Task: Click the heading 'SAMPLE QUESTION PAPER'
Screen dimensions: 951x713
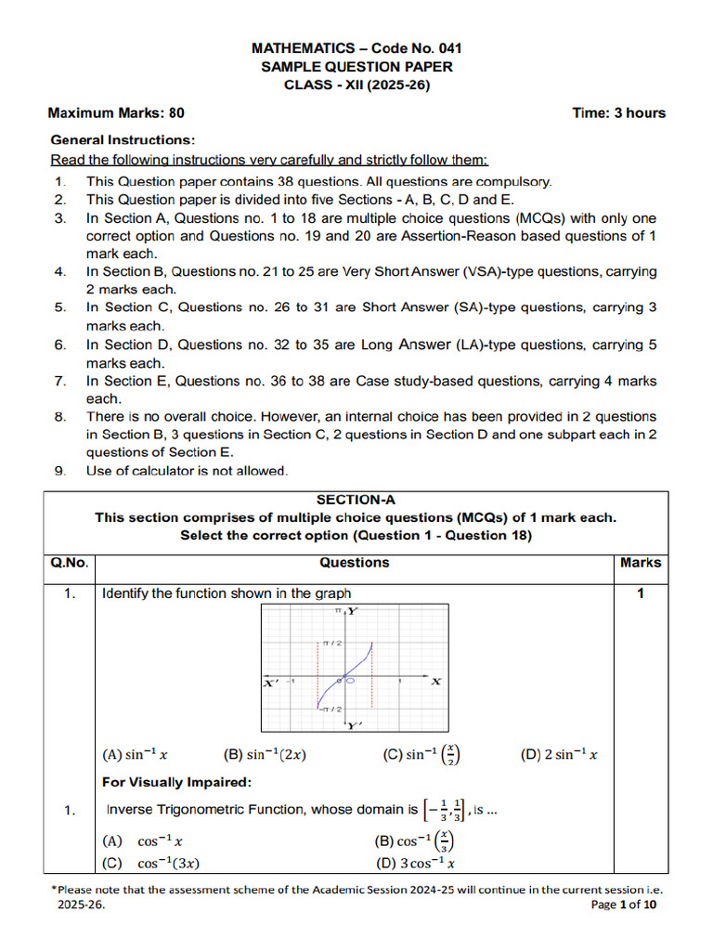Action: (356, 67)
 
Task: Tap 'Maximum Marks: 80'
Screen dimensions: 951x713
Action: (116, 113)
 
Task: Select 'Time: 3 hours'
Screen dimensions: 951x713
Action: (619, 113)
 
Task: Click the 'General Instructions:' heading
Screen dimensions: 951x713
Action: (123, 140)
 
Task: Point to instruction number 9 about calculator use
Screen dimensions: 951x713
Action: (187, 471)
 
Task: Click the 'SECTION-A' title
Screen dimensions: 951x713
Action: (355, 500)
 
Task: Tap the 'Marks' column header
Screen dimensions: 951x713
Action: (641, 563)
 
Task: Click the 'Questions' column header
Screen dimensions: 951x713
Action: (355, 563)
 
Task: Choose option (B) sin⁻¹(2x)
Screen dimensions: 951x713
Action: (265, 755)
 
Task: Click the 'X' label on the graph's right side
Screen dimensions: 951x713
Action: (436, 682)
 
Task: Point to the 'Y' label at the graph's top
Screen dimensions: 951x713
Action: (354, 611)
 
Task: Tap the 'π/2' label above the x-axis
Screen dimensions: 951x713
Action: (332, 643)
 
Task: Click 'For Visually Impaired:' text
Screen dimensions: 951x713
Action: (176, 782)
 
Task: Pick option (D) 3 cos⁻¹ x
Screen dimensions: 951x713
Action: (414, 863)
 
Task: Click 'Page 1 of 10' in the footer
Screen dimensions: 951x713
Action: (624, 905)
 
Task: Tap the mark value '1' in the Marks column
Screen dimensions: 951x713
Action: (640, 593)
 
